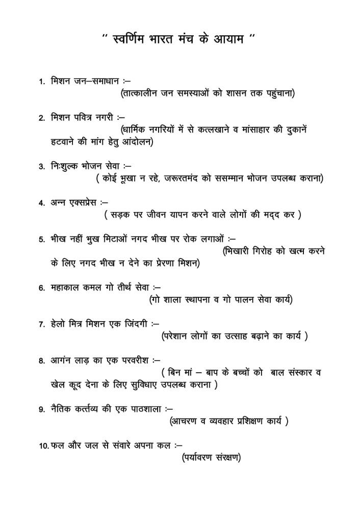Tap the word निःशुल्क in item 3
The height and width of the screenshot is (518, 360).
64,166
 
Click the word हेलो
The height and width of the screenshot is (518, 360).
60,323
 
